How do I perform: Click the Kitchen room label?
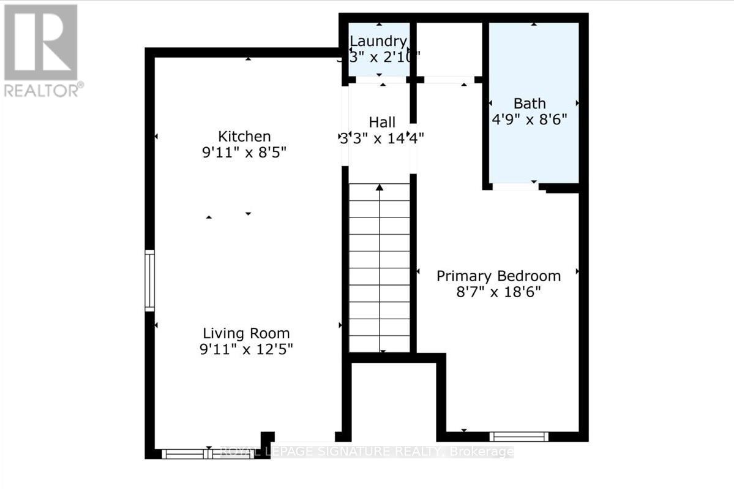(245, 136)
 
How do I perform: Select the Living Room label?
(247, 334)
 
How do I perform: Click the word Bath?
(530, 103)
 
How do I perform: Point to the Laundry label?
(378, 42)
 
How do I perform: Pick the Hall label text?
(382, 122)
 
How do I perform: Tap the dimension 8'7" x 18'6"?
(498, 292)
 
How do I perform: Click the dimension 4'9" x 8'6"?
(530, 119)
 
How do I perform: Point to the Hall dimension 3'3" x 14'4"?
(382, 138)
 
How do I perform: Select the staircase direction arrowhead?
(380, 187)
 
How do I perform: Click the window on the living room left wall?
(149, 281)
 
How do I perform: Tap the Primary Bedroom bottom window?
(519, 436)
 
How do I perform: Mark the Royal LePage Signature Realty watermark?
(366, 452)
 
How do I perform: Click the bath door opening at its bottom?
(515, 186)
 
